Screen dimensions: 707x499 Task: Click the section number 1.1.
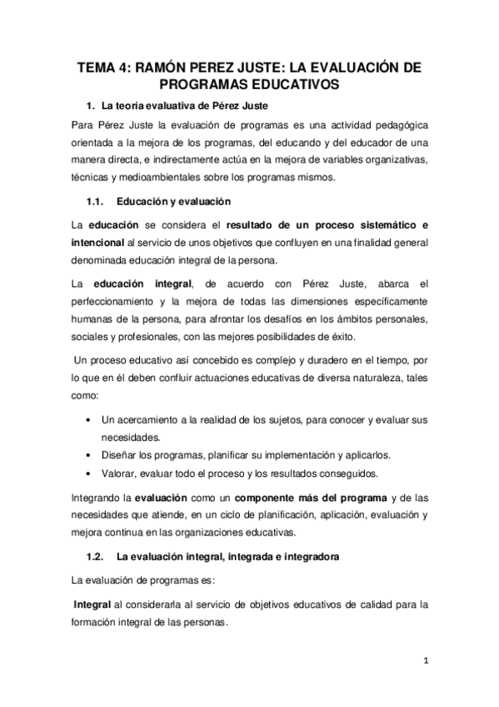[x=97, y=202]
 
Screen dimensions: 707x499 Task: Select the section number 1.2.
[x=97, y=555]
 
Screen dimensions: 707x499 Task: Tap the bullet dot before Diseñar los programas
[x=89, y=455]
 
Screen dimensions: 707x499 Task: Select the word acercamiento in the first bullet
[x=149, y=419]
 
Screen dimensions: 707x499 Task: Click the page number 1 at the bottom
[x=426, y=662]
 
